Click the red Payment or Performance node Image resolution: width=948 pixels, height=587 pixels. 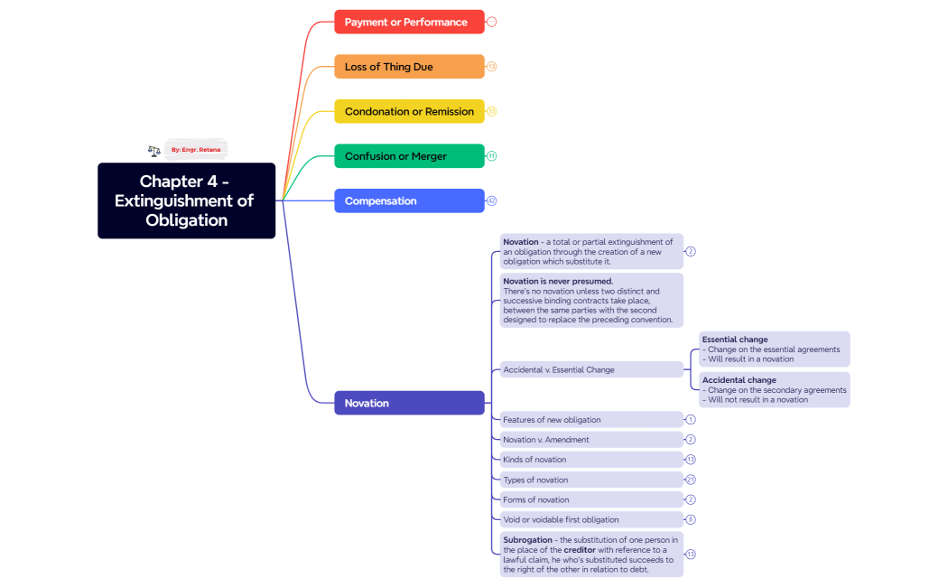click(409, 22)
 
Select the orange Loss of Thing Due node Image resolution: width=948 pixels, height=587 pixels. click(409, 67)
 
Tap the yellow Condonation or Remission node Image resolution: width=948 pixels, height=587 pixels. click(409, 111)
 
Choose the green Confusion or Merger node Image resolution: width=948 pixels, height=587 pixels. click(409, 156)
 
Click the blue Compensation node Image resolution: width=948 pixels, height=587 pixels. click(409, 200)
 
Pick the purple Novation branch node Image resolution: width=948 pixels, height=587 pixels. click(409, 403)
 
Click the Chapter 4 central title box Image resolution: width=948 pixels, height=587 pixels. click(186, 200)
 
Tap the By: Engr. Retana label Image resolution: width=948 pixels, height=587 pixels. click(196, 149)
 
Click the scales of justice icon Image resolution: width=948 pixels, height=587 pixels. click(154, 151)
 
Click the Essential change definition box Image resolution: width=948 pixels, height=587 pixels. click(774, 349)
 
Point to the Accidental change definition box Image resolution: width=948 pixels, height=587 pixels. click(774, 390)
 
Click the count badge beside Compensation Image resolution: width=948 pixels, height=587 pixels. click(492, 200)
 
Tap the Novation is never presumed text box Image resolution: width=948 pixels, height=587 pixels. click(591, 300)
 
